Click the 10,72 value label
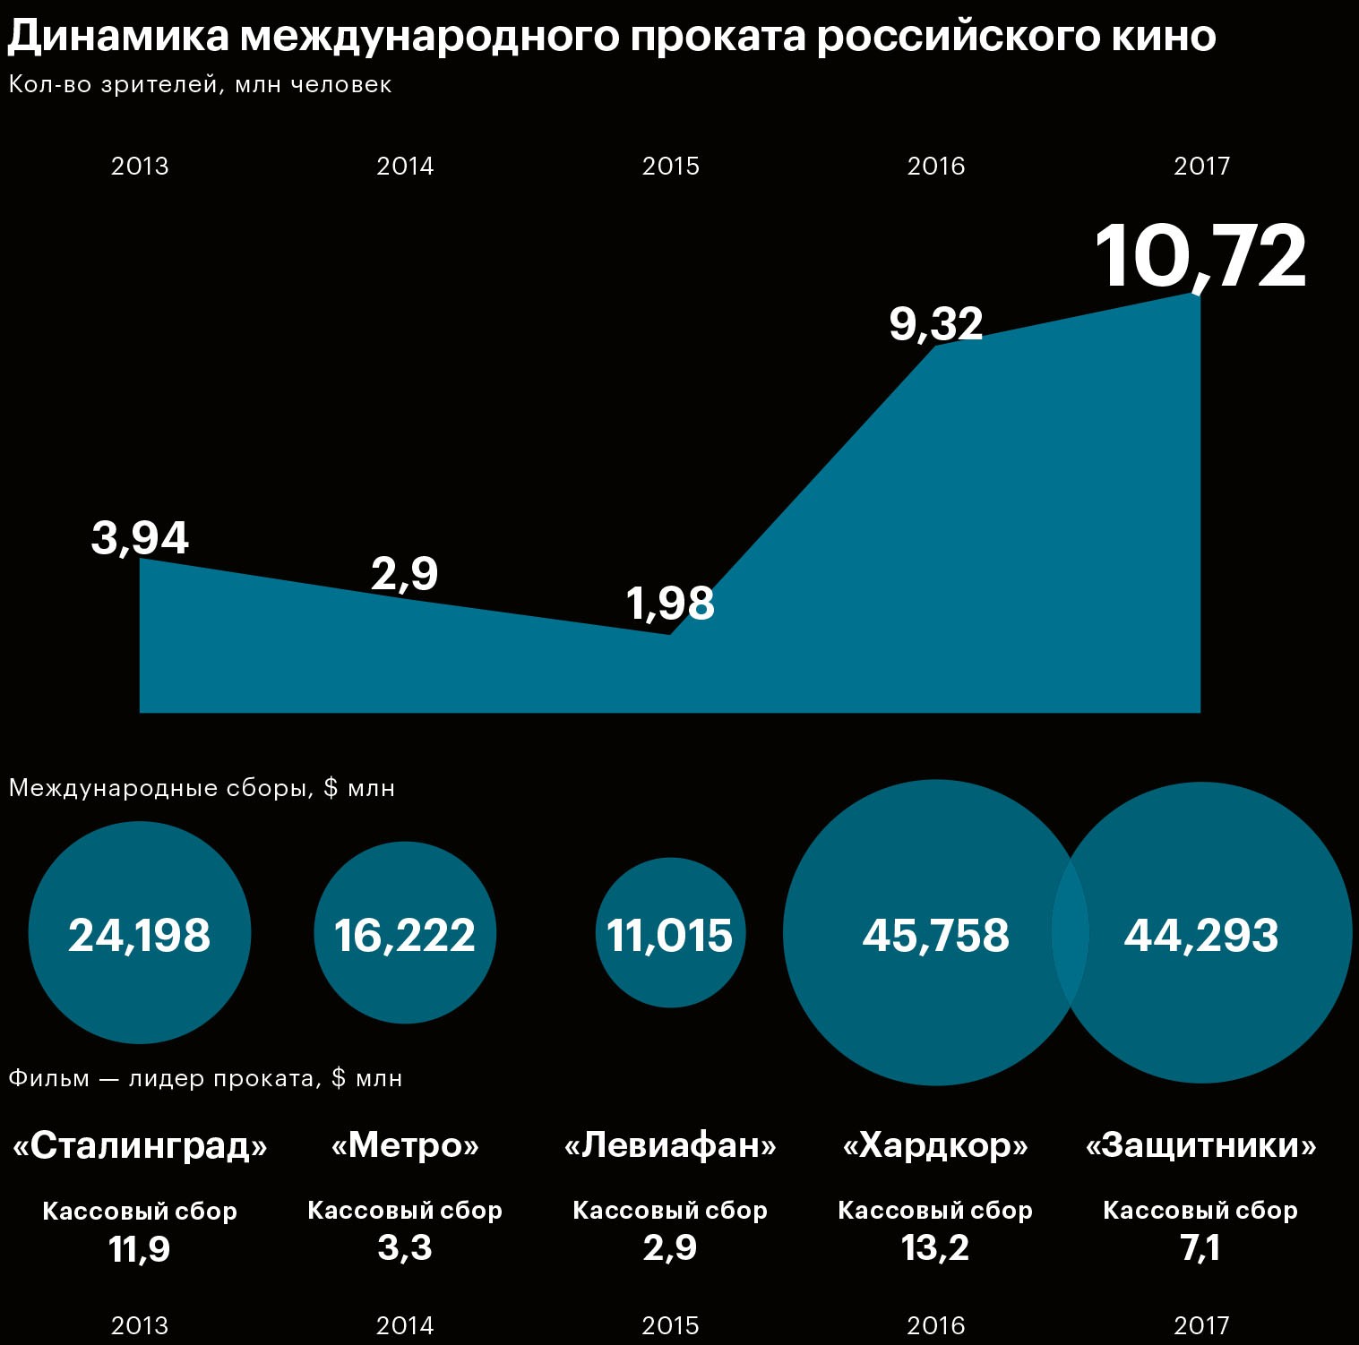[1200, 257]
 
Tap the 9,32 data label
[936, 323]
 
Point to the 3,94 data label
[140, 538]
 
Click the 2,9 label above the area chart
[404, 573]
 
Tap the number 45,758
[935, 935]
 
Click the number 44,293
[1200, 935]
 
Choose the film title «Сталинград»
[140, 1145]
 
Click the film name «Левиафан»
[670, 1145]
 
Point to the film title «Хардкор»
[935, 1145]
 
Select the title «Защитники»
[1200, 1145]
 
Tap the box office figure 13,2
[935, 1247]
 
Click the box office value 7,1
[1200, 1247]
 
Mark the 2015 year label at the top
[670, 166]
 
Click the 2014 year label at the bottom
[405, 1325]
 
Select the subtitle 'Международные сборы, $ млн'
[202, 788]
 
